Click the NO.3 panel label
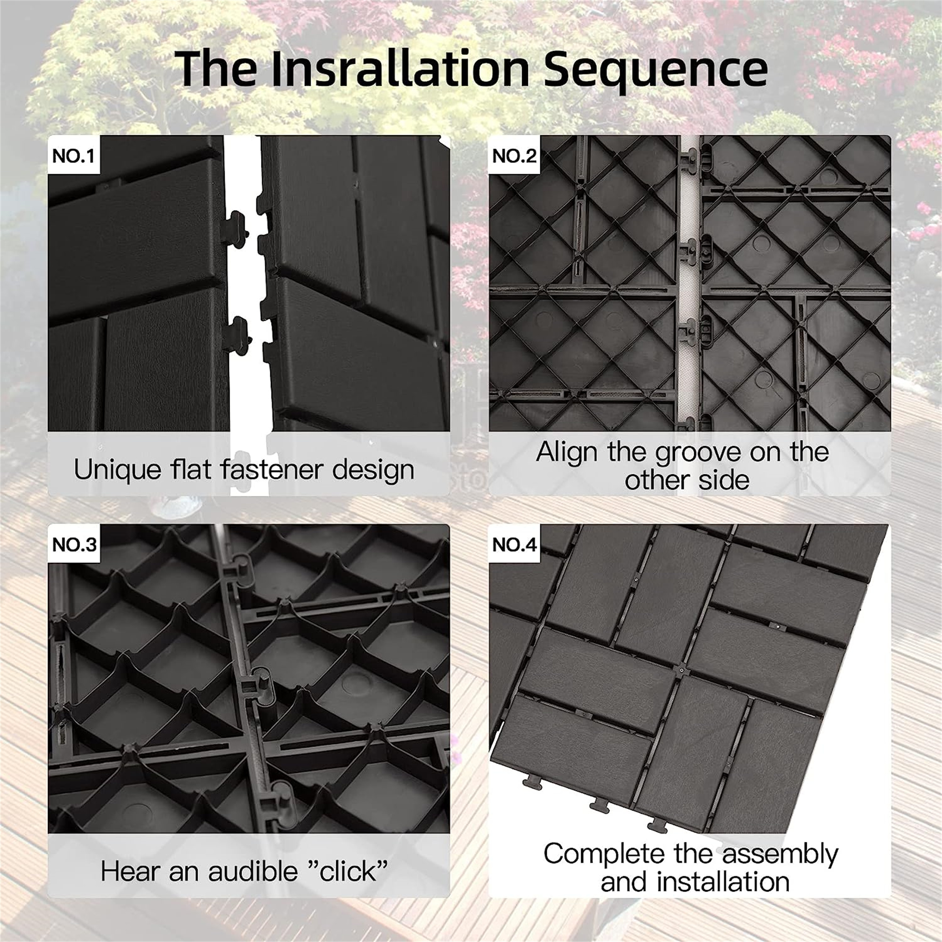tap(74, 544)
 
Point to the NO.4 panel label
tap(514, 544)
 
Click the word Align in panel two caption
tap(567, 453)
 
